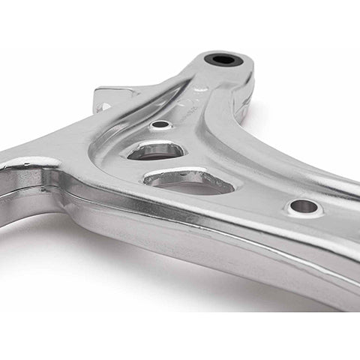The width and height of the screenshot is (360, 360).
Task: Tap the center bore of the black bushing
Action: (223, 60)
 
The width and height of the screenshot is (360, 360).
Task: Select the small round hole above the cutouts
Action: (160, 125)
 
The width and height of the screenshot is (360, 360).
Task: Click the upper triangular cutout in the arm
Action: (155, 150)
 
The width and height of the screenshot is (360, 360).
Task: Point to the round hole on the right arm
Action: (304, 206)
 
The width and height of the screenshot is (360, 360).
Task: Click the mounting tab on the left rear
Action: (109, 97)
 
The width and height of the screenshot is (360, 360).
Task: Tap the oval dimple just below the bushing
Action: (201, 88)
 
